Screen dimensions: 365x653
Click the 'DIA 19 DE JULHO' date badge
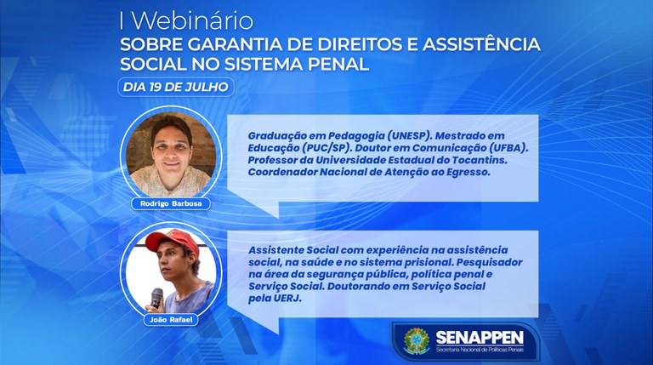[175, 86]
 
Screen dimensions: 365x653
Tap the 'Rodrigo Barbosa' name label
[168, 204]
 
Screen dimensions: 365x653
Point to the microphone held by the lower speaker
[156, 297]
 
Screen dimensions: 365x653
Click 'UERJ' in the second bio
[286, 299]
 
